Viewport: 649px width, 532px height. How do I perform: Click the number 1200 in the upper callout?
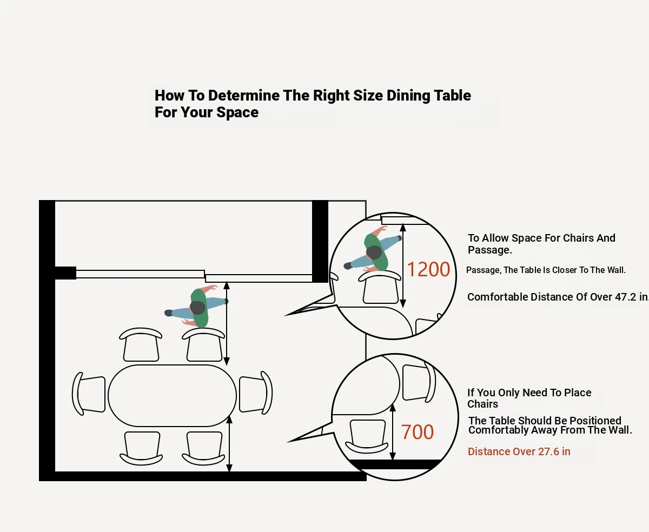click(x=428, y=269)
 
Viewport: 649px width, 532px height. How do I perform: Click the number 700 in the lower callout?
click(x=418, y=432)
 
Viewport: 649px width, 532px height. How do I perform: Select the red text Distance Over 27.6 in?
click(x=519, y=451)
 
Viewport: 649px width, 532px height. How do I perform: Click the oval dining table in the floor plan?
click(x=172, y=396)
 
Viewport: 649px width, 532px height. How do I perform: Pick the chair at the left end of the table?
click(x=89, y=394)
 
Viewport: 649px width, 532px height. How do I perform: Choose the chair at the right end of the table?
click(x=256, y=393)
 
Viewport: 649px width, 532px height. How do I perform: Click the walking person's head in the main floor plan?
click(x=198, y=308)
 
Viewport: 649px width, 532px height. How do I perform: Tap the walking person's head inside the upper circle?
click(x=374, y=252)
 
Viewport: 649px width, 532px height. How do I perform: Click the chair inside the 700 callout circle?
click(x=368, y=435)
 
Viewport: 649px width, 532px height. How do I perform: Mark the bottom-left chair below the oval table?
click(x=142, y=448)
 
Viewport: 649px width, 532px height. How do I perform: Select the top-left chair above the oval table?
click(x=141, y=344)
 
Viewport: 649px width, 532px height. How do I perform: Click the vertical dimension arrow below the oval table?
click(x=229, y=443)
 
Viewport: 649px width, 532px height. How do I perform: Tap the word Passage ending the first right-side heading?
click(x=489, y=250)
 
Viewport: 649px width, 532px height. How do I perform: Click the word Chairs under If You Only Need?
click(x=482, y=404)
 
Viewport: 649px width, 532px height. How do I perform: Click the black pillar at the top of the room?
click(x=320, y=241)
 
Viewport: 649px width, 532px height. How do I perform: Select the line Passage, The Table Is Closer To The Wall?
click(x=546, y=270)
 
